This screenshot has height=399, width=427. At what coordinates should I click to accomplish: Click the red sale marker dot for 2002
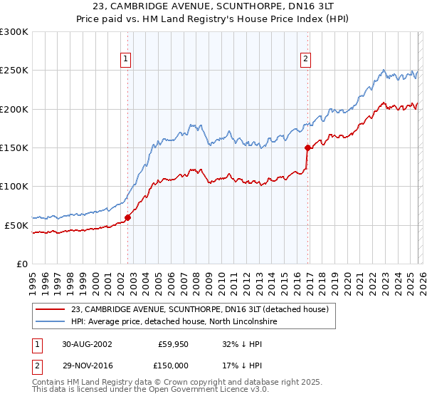tap(128, 217)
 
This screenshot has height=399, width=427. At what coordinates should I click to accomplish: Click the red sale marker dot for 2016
tap(307, 148)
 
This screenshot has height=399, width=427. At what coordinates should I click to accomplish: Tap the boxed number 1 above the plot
tap(125, 60)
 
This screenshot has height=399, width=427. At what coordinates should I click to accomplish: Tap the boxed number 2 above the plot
tap(305, 60)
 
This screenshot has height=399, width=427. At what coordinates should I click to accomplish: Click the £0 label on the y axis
tap(21, 264)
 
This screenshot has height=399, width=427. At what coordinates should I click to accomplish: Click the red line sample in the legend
tap(51, 310)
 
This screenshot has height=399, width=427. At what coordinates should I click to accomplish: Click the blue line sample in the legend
tap(51, 322)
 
